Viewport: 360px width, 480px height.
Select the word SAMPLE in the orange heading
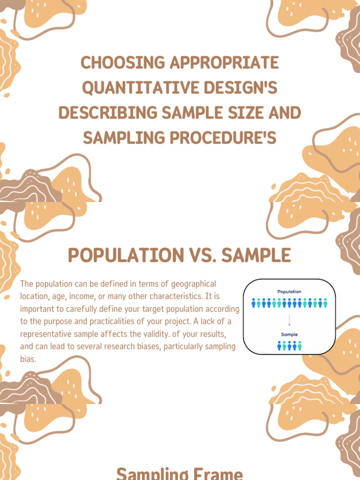tap(256, 255)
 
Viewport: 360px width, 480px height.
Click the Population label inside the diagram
tap(289, 292)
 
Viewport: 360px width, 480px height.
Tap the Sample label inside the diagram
tap(289, 335)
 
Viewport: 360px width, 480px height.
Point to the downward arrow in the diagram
tap(289, 320)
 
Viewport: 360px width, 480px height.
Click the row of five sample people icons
tap(289, 345)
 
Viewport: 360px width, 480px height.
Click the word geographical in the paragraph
tap(194, 284)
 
